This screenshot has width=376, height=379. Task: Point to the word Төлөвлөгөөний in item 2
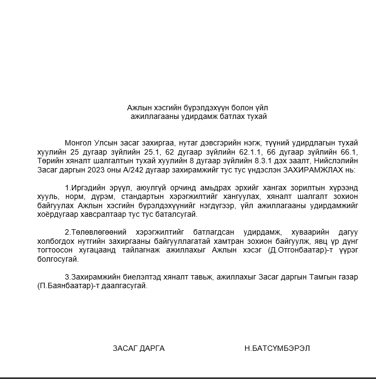click(98, 232)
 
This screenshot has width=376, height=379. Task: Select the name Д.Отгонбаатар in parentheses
click(294, 249)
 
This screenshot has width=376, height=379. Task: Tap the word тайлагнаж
click(154, 249)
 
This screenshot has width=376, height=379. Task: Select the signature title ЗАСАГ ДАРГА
click(138, 348)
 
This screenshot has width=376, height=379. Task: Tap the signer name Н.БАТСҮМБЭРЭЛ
click(277, 348)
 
